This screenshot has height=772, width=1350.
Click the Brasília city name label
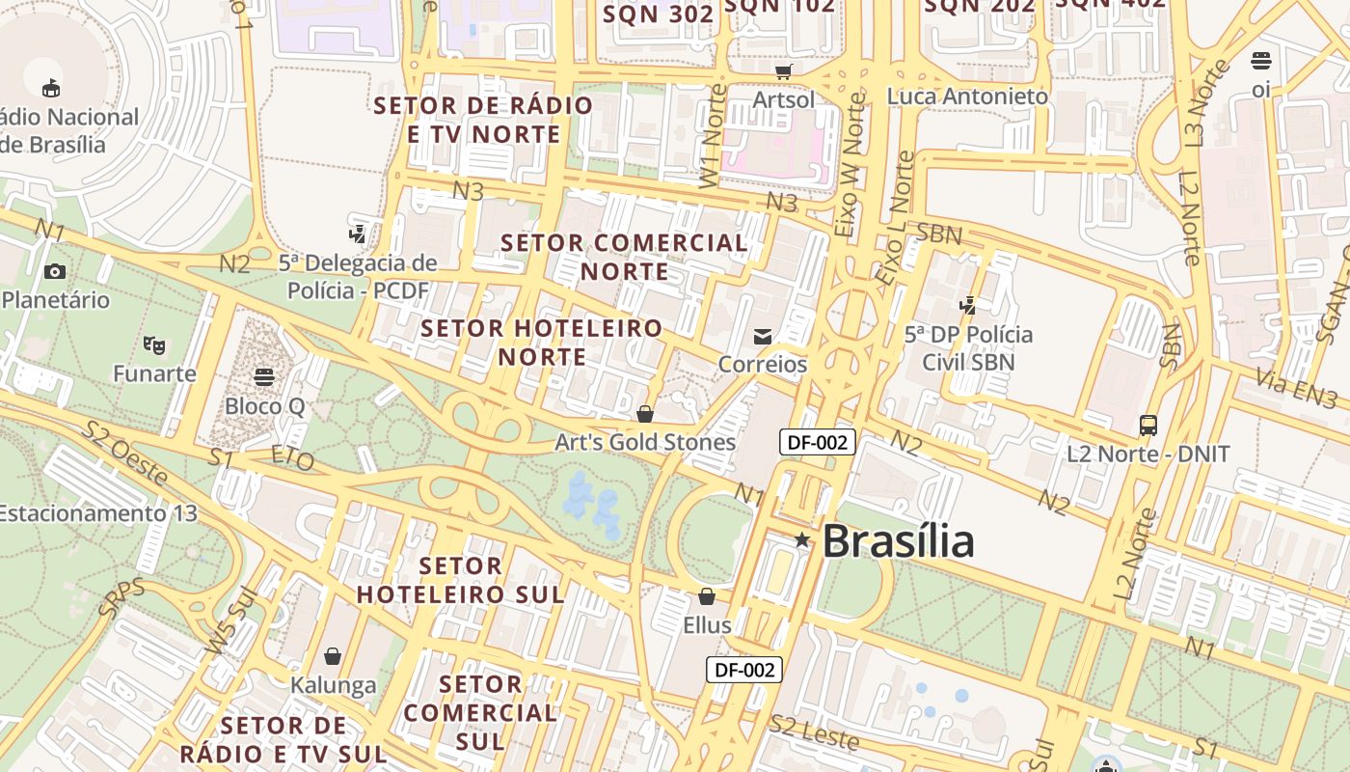(x=898, y=540)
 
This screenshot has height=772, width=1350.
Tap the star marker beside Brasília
(x=802, y=540)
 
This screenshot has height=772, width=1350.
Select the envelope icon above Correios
(x=763, y=336)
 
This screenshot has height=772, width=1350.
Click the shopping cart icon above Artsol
(x=784, y=71)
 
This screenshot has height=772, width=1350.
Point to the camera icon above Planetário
(x=55, y=271)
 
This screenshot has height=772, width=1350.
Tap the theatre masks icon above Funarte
(x=153, y=345)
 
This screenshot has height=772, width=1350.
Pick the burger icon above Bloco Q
(x=264, y=376)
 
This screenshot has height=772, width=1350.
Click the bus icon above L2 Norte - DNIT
(x=1148, y=425)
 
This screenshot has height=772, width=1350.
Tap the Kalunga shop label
(x=333, y=685)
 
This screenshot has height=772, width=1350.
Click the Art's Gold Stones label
(x=645, y=443)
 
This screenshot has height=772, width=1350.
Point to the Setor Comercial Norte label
(x=625, y=257)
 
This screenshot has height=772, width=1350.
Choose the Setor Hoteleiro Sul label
(x=461, y=580)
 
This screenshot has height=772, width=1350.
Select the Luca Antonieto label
(x=967, y=96)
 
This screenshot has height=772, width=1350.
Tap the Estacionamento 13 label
(x=96, y=512)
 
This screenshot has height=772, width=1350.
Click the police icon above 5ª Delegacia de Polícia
(x=358, y=234)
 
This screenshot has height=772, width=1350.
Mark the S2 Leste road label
(x=813, y=732)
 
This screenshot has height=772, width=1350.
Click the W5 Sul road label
(x=220, y=625)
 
